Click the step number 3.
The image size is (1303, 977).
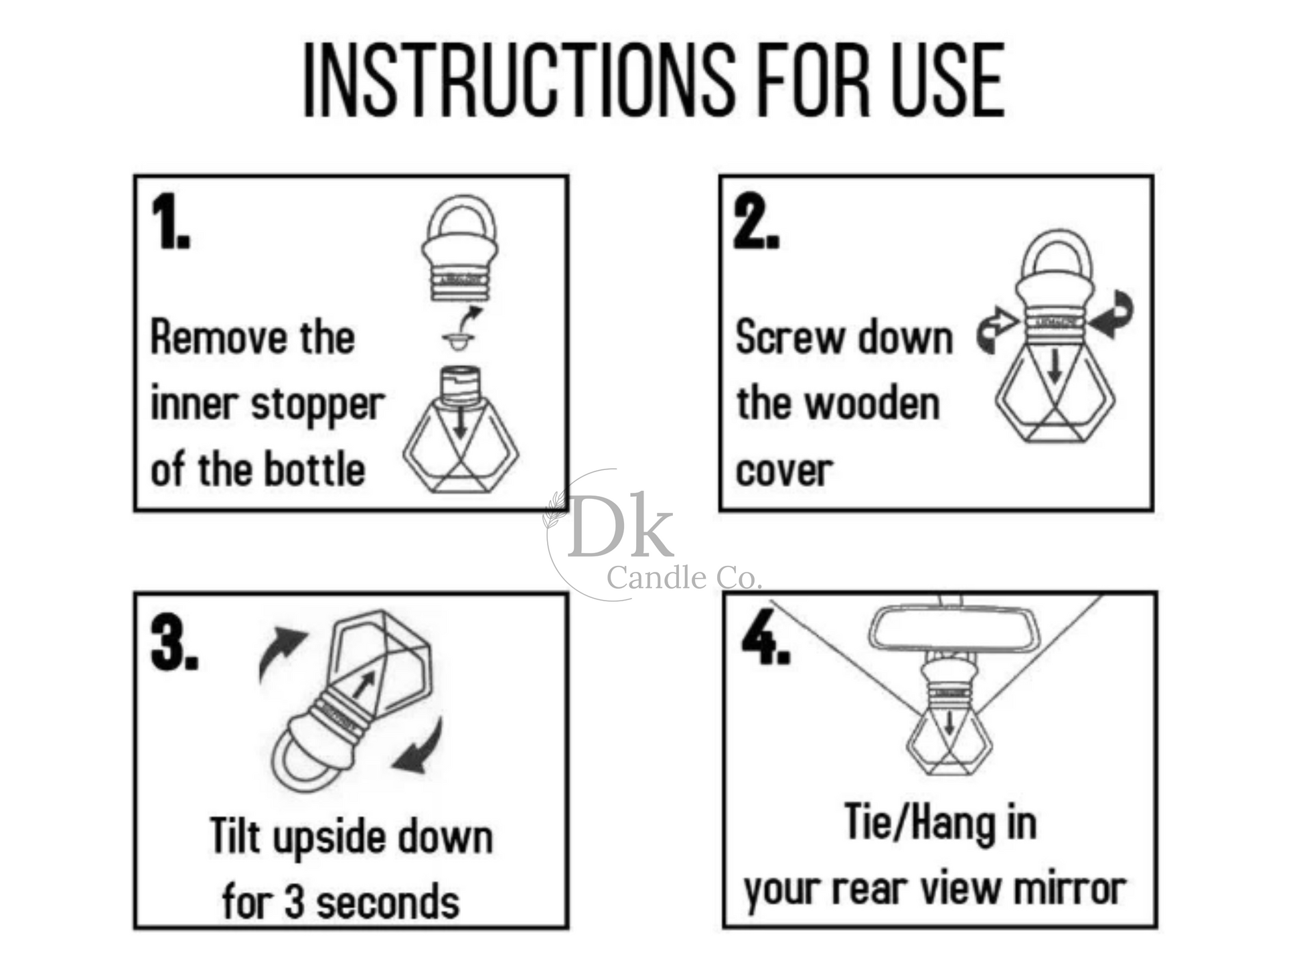pos(174,643)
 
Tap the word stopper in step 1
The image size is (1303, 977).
pos(318,406)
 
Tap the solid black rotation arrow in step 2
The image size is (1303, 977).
pos(1112,315)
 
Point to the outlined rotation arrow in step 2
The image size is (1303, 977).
pos(996,329)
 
